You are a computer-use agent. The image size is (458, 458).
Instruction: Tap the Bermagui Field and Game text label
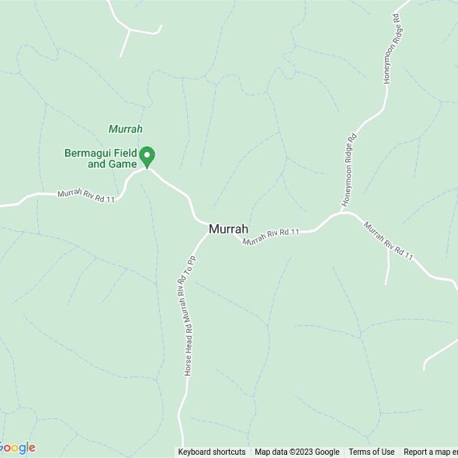click(x=101, y=159)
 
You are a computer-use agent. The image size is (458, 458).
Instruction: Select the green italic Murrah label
click(x=125, y=129)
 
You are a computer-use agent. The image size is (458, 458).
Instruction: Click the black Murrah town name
click(x=228, y=229)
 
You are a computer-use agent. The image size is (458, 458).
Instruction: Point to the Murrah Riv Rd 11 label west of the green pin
click(x=86, y=196)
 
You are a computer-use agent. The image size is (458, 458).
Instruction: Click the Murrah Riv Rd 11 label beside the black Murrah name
click(x=271, y=236)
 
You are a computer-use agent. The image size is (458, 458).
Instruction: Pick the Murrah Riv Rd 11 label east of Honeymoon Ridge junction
click(x=388, y=241)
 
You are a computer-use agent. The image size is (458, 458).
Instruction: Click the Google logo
click(x=18, y=448)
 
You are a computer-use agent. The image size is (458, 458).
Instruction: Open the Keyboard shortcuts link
click(x=211, y=452)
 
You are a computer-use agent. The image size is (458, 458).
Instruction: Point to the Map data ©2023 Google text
click(x=297, y=452)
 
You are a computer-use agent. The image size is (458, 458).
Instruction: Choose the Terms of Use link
click(x=372, y=452)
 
